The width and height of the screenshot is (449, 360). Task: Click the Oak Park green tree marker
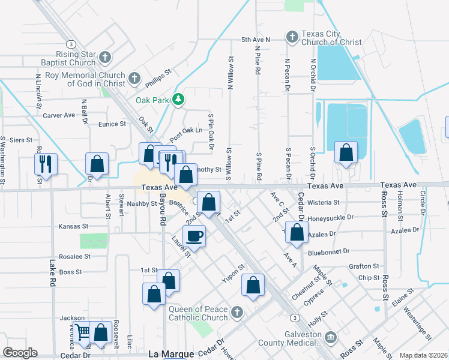coord(178,100)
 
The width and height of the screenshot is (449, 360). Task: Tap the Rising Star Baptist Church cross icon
coord(105,58)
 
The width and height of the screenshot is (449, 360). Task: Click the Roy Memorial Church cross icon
coord(134,77)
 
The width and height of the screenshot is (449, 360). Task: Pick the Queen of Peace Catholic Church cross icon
coord(237,312)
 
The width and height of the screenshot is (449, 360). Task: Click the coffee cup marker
coord(193,235)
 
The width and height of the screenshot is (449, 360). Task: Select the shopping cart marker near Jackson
coord(82,331)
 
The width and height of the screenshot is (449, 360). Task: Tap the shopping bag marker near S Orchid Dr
coord(346,152)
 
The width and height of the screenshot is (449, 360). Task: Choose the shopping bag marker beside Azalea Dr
coord(297,232)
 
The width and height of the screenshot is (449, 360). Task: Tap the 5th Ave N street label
coord(256,40)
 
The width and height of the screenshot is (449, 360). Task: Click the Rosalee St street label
coord(75,256)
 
